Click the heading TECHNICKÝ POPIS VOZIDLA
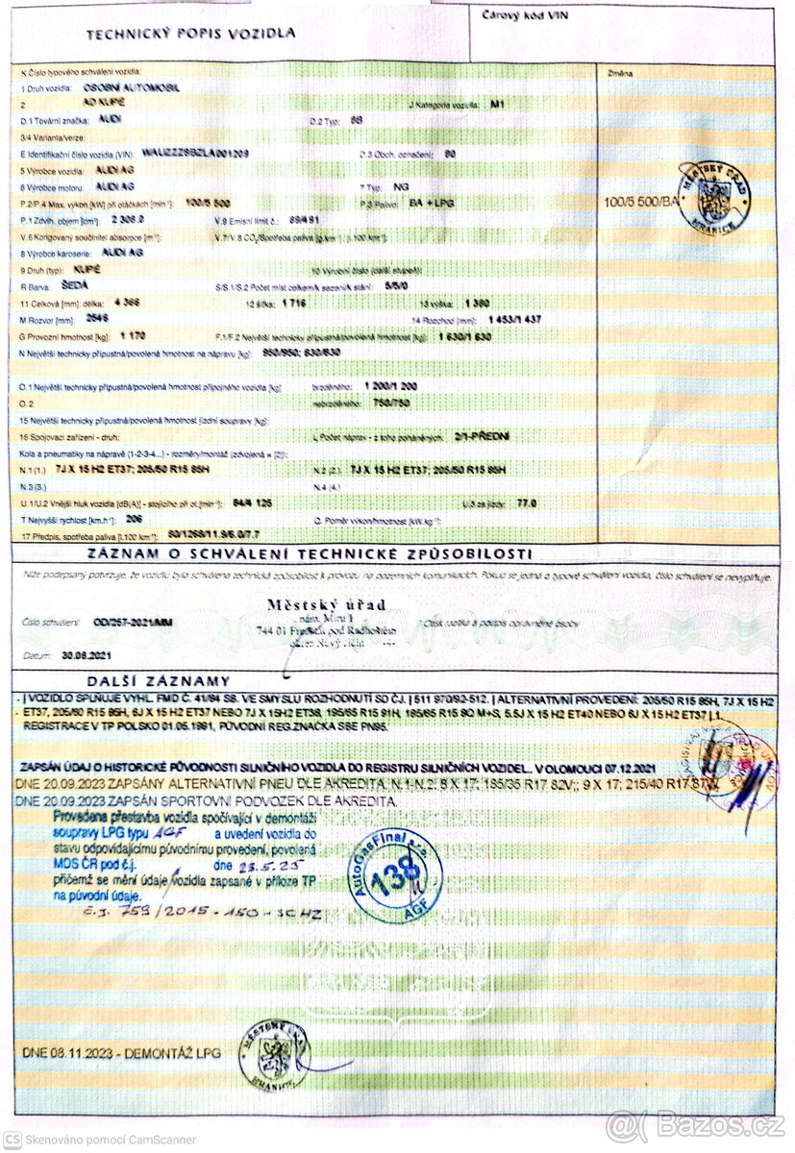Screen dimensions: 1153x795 [x=190, y=34]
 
